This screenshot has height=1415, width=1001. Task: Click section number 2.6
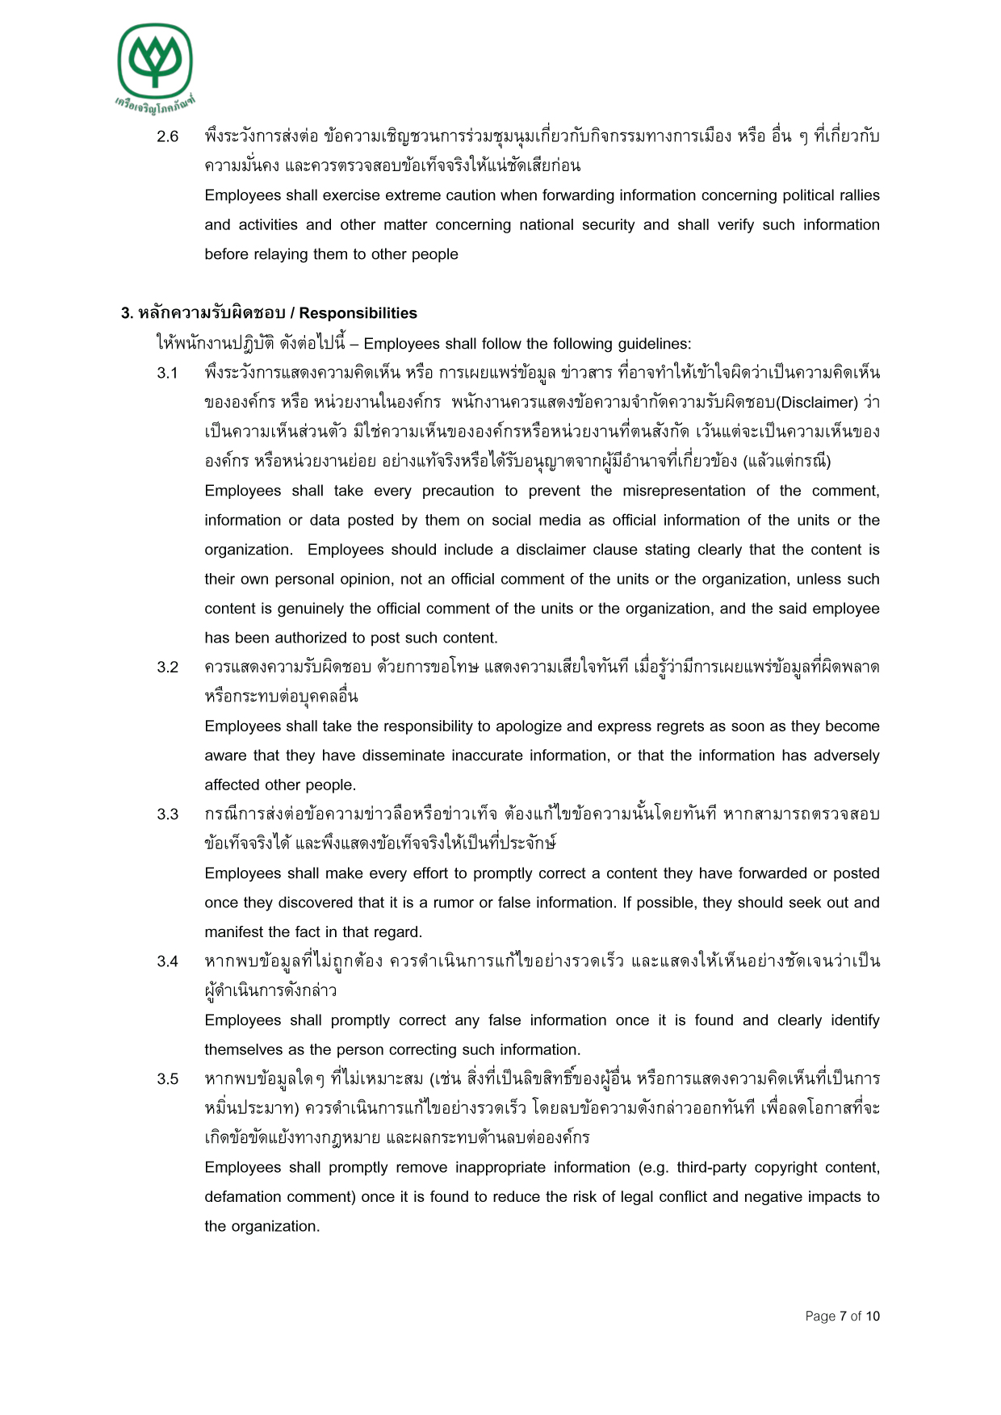167,136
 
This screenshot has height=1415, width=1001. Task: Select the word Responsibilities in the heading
358,313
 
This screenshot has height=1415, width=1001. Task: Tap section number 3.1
167,373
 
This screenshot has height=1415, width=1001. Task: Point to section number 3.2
167,668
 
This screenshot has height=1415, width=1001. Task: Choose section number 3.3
167,814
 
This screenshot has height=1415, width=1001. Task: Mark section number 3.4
167,961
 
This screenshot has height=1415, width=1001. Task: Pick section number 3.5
167,1079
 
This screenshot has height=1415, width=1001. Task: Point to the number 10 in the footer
873,1317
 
